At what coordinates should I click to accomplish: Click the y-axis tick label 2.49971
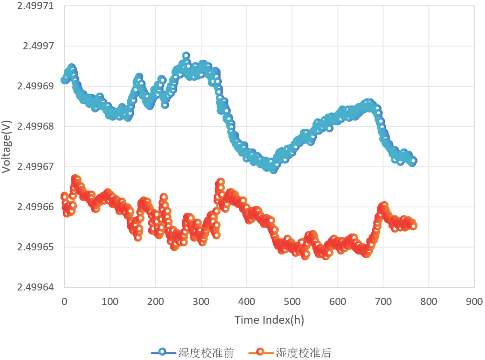(35, 6)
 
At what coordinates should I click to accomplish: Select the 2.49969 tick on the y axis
(35, 86)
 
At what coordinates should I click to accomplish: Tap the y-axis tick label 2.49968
(35, 126)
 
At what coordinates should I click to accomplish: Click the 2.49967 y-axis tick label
(35, 167)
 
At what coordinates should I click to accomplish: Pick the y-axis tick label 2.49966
(35, 207)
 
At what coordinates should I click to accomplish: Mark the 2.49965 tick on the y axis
(35, 247)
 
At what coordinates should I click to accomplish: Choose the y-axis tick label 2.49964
(35, 287)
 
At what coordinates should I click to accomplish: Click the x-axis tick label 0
(64, 301)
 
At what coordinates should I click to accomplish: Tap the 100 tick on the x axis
(110, 301)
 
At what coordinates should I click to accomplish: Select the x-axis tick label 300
(201, 301)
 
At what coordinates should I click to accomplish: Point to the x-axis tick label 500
(292, 301)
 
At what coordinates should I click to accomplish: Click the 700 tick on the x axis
(383, 301)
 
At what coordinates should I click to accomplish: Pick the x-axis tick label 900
(474, 301)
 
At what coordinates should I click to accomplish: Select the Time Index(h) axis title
(269, 320)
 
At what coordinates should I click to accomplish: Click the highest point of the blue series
(186, 56)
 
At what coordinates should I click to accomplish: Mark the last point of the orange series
(413, 226)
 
